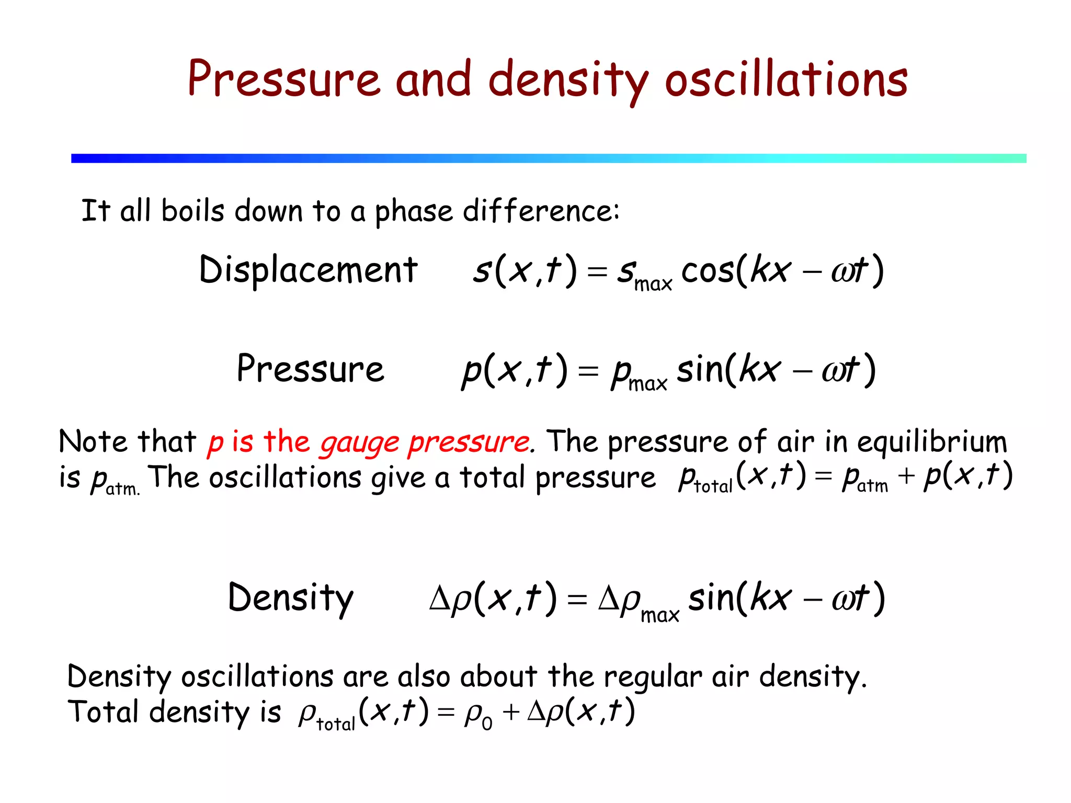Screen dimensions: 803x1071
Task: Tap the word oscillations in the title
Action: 786,79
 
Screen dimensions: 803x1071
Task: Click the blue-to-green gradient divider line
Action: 549,158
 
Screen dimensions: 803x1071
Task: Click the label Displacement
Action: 308,270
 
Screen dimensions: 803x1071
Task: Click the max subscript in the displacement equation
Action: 653,284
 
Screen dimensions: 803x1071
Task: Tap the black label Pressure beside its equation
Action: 310,369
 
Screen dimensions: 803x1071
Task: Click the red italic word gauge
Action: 360,443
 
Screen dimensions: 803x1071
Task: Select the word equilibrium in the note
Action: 931,442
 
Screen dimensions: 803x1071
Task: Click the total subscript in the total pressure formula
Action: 713,487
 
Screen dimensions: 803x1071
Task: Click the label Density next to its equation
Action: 291,598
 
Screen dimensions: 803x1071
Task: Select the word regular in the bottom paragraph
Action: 653,677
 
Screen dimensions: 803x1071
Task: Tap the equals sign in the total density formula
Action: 446,713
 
